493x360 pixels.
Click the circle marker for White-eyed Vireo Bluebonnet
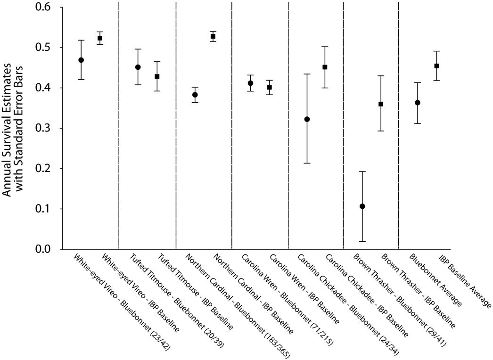pos(81,60)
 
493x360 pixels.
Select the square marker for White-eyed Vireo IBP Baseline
pos(100,38)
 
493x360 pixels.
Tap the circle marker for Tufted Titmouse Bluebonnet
pos(138,67)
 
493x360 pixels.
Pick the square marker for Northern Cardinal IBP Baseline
pos(213,36)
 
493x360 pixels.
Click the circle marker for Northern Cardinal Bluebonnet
pos(195,95)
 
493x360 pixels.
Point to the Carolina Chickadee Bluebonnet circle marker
pos(307,119)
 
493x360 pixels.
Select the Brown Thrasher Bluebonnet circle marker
pos(362,206)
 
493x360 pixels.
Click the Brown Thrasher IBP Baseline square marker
pos(381,104)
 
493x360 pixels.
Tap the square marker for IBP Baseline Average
pos(437,66)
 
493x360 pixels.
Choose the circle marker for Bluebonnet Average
pos(418,102)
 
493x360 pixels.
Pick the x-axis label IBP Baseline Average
pos(464,281)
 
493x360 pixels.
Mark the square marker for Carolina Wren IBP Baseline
pos(270,87)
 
